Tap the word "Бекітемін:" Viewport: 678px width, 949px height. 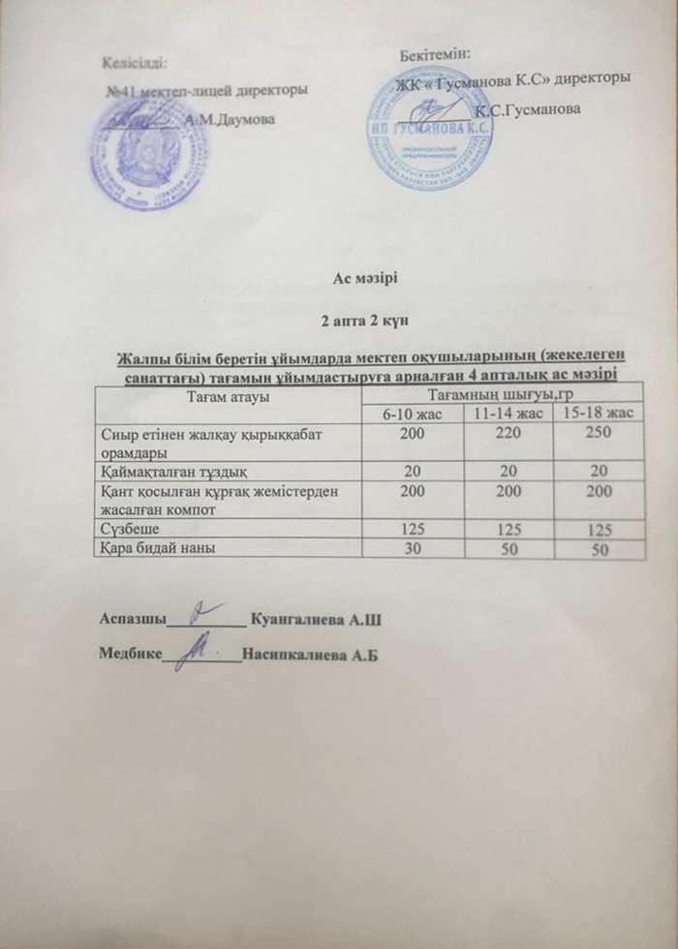pos(433,51)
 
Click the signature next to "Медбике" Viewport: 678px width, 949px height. pos(200,646)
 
